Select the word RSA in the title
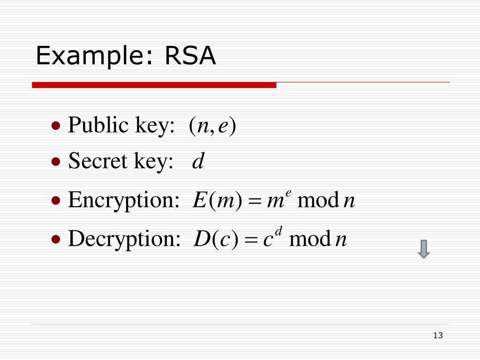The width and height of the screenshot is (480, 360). point(190,56)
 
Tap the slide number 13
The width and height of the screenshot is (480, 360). point(438,335)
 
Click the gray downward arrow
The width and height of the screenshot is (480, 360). point(424,249)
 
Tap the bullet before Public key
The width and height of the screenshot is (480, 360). point(56,126)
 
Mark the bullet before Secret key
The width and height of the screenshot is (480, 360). point(56,162)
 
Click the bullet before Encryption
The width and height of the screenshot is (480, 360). point(56,201)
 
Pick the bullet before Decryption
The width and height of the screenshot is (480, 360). point(56,240)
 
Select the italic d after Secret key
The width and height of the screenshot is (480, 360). point(198,162)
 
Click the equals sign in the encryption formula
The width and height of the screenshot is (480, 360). point(254,202)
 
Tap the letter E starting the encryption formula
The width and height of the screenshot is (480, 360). point(199,201)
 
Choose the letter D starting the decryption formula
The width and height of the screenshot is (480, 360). point(201,240)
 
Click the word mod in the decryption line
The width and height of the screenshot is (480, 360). point(310,240)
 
